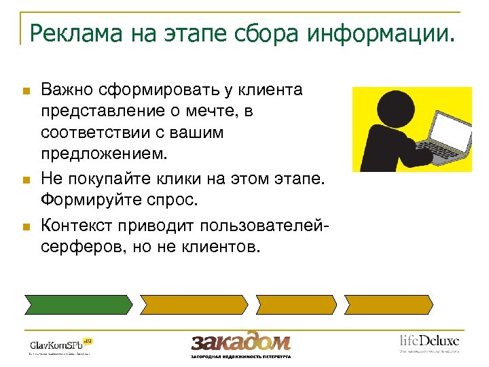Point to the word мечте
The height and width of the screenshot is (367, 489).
coord(207,111)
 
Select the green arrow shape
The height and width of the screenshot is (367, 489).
coord(78,304)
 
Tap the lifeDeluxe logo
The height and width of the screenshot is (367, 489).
coord(429,342)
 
